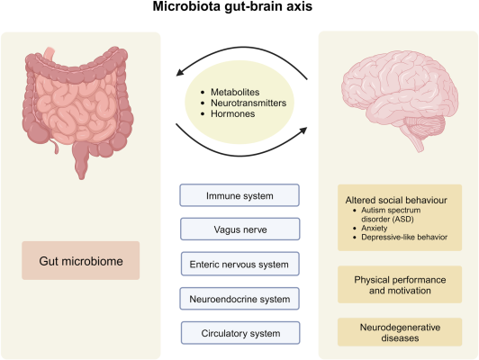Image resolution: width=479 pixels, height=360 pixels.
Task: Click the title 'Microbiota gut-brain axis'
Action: pos(239,12)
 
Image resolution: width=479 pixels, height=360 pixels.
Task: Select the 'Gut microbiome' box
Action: pos(82,259)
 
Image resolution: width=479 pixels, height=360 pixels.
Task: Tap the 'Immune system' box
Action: pos(239,195)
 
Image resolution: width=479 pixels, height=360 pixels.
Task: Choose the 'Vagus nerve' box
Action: pos(239,229)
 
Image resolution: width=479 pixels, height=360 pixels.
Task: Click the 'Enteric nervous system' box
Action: pos(239,264)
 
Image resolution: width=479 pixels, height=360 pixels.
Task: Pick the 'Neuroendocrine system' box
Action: pos(239,298)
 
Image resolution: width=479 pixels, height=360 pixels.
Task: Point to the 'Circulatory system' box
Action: pos(239,332)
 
